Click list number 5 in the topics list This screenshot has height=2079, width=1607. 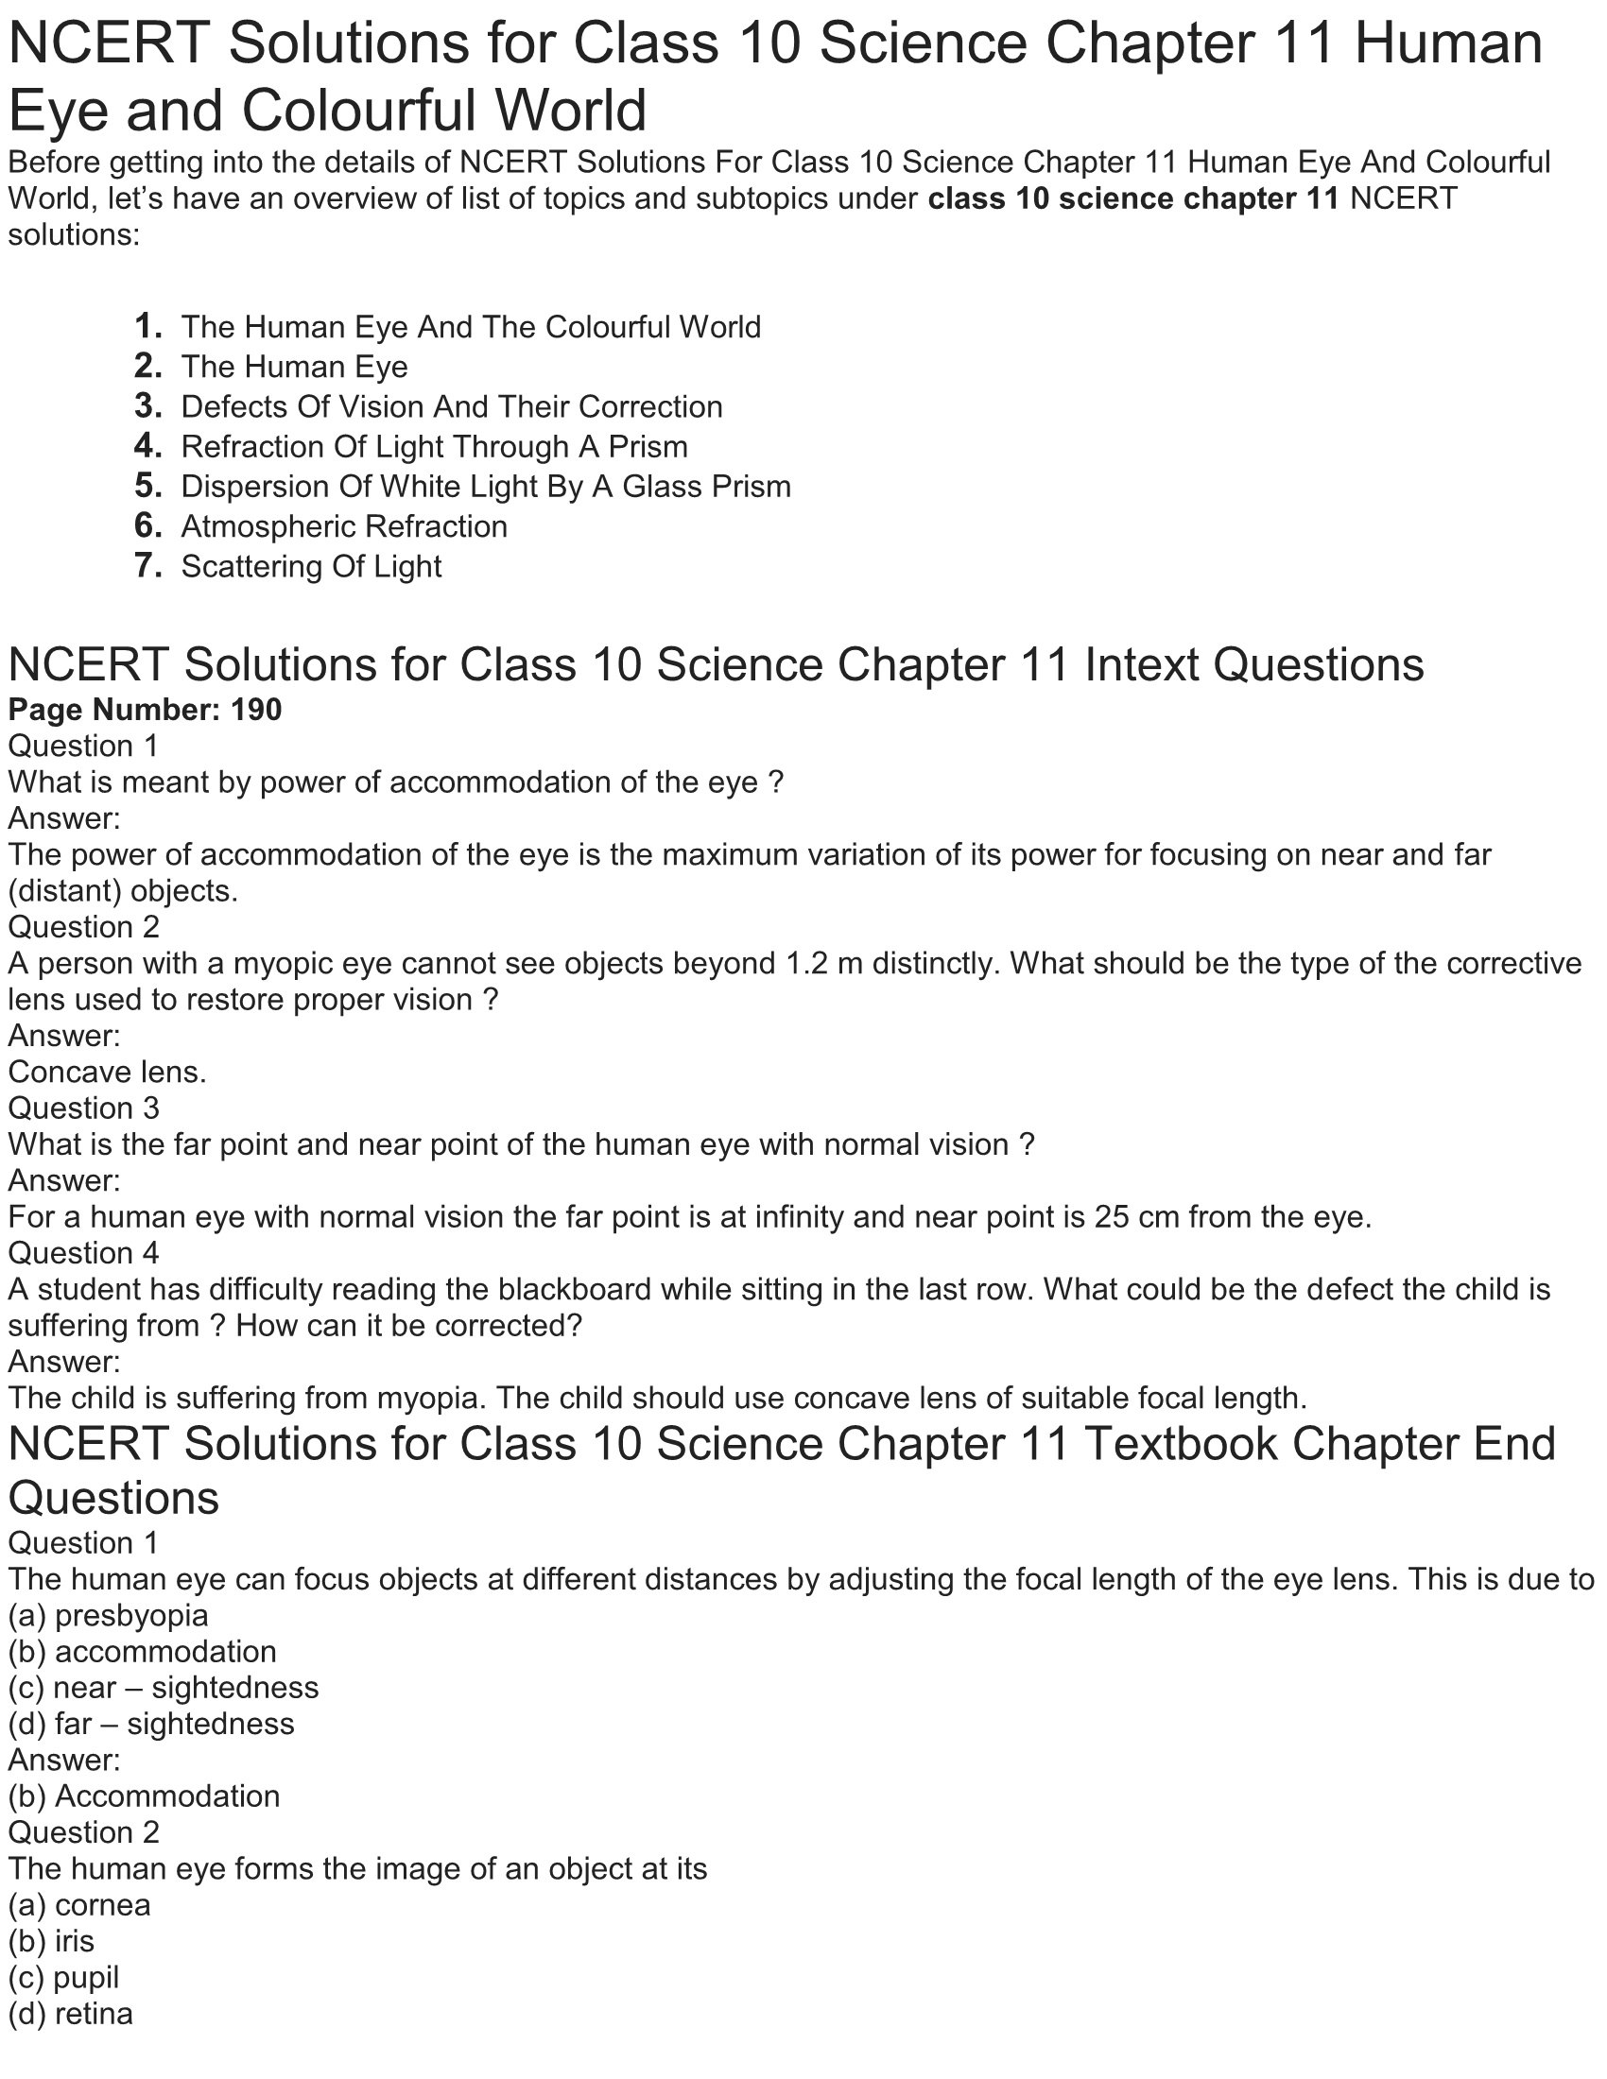click(x=147, y=487)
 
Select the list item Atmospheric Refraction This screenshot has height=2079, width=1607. click(x=344, y=526)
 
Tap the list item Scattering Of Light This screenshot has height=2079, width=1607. click(x=310, y=566)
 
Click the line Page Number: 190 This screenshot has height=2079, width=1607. click(x=145, y=709)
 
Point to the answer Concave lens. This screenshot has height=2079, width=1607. click(x=108, y=1072)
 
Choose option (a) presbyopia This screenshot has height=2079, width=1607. click(x=108, y=1615)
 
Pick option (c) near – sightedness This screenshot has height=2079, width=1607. click(x=163, y=1688)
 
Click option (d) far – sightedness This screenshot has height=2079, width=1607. click(x=150, y=1724)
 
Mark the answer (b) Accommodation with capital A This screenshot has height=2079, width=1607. click(x=144, y=1796)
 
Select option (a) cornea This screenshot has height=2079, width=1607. click(x=79, y=1905)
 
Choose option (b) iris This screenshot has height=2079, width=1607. click(x=51, y=1941)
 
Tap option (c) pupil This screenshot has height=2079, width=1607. click(x=63, y=1977)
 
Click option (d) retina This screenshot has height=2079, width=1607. click(x=71, y=2013)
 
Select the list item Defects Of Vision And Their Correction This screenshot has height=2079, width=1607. click(x=451, y=406)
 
